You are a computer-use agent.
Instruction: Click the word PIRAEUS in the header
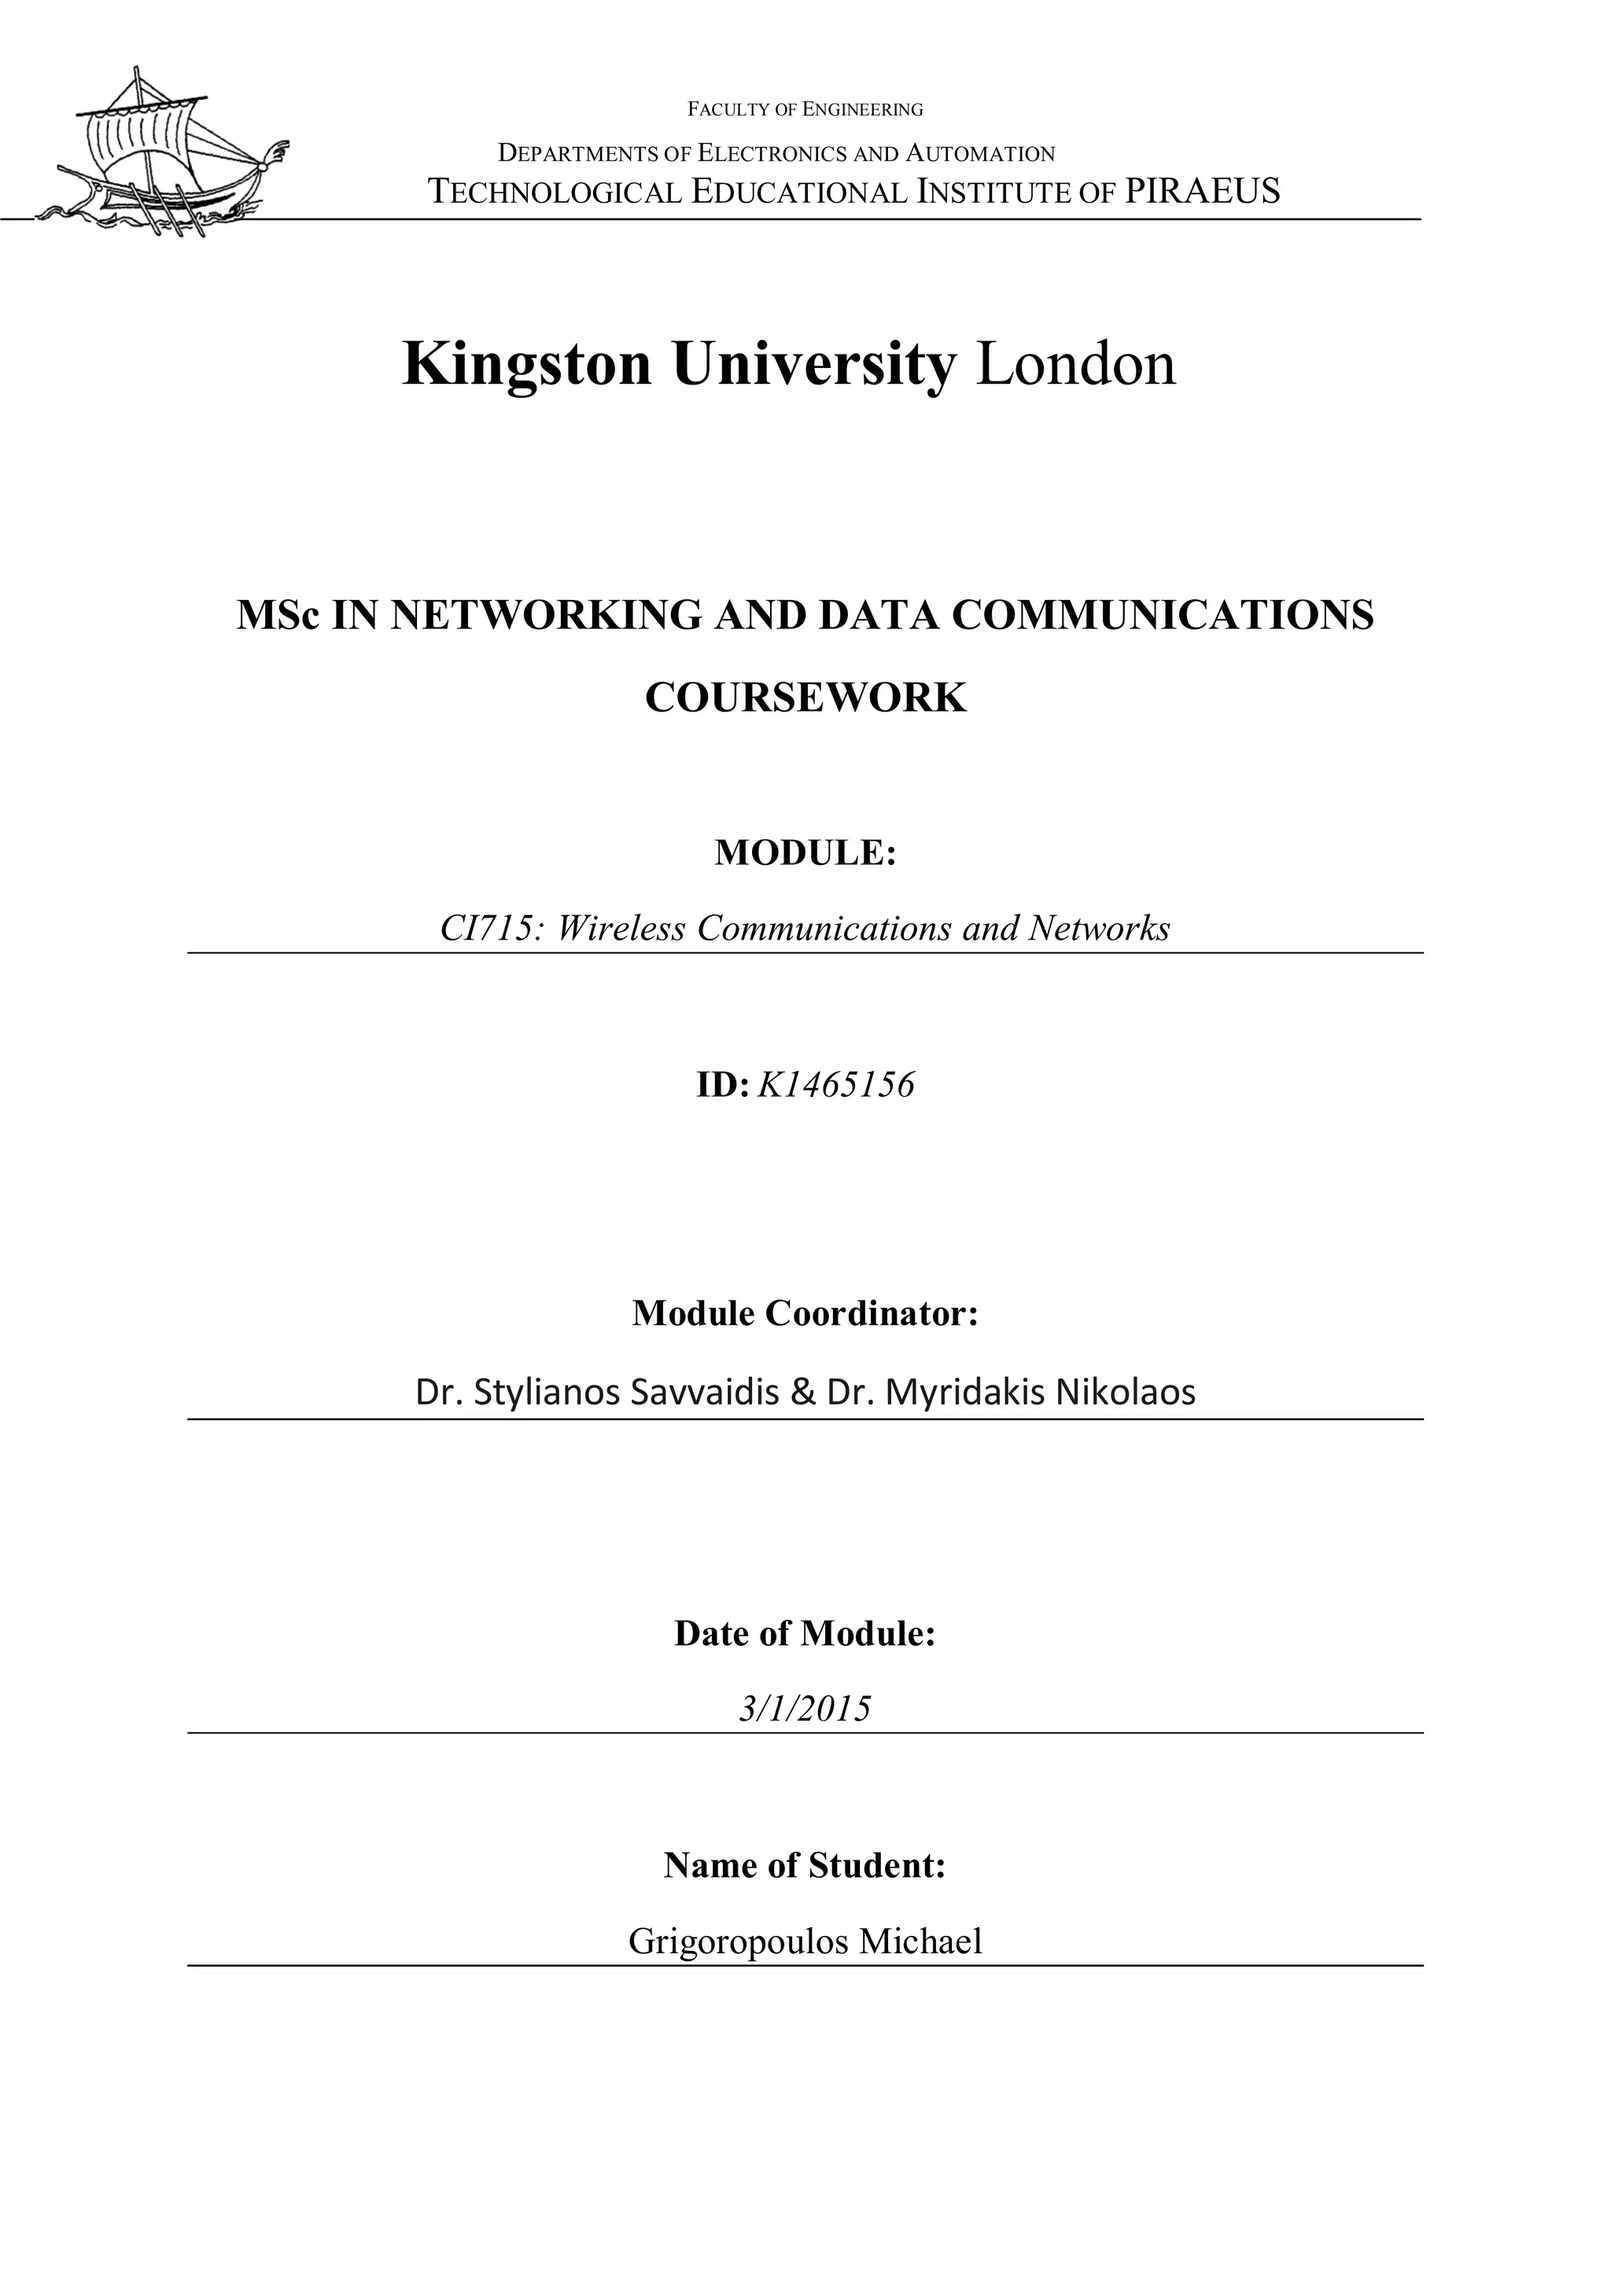pos(1202,190)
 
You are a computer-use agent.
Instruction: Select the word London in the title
pos(1076,364)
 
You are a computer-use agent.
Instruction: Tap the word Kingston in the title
pos(527,364)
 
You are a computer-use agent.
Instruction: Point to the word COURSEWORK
pos(805,697)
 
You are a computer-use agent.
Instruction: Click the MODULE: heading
pos(805,852)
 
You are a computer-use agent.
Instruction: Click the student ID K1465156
pos(835,1085)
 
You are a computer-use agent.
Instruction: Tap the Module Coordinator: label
pos(805,1314)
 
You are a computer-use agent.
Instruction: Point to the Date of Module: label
pos(805,1634)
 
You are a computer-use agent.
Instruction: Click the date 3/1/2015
pos(805,1709)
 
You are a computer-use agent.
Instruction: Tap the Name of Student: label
pos(805,1866)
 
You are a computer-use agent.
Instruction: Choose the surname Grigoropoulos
pos(739,1941)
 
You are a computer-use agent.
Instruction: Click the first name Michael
pos(920,1941)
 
